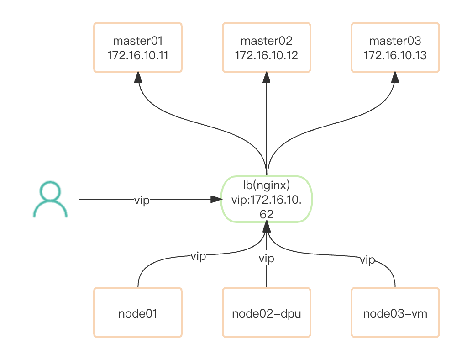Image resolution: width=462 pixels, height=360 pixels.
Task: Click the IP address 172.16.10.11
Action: tap(138, 56)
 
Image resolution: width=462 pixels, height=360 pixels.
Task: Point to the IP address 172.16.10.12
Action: tap(267, 56)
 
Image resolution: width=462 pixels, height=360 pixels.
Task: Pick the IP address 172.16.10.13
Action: tap(395, 56)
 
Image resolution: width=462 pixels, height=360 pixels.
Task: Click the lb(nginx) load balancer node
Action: tap(267, 199)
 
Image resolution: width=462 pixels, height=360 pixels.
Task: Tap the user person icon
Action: tap(50, 200)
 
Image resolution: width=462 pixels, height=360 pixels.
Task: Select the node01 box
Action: tap(138, 313)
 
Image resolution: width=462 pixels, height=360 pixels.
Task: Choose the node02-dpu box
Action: tap(267, 313)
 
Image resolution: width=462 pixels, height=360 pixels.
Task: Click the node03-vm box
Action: tap(395, 313)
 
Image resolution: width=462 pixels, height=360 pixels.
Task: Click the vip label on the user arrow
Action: tap(142, 200)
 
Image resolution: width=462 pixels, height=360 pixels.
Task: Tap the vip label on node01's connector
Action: tap(198, 256)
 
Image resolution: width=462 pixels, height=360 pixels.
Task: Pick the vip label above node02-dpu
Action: tap(267, 259)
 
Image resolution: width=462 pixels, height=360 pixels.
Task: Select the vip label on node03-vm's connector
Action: tap(367, 260)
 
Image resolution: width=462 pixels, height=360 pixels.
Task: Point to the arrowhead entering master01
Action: tap(138, 78)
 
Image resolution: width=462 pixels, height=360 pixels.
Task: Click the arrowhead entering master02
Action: tap(267, 78)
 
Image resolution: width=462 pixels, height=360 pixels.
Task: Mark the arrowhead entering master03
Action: tap(395, 78)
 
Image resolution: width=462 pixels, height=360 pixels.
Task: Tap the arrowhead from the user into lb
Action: tap(215, 199)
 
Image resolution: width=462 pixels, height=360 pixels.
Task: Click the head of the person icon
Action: tap(50, 191)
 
